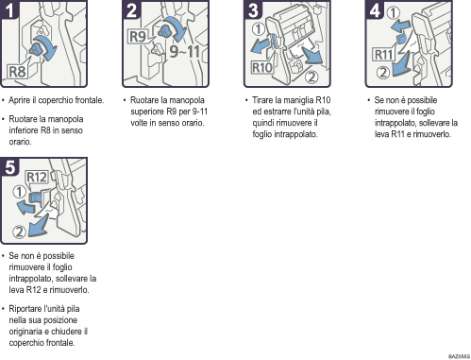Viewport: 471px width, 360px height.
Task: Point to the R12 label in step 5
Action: tap(36, 177)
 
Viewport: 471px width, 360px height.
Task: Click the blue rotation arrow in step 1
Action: tap(42, 47)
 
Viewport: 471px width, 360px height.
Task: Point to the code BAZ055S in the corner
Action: tap(456, 355)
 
